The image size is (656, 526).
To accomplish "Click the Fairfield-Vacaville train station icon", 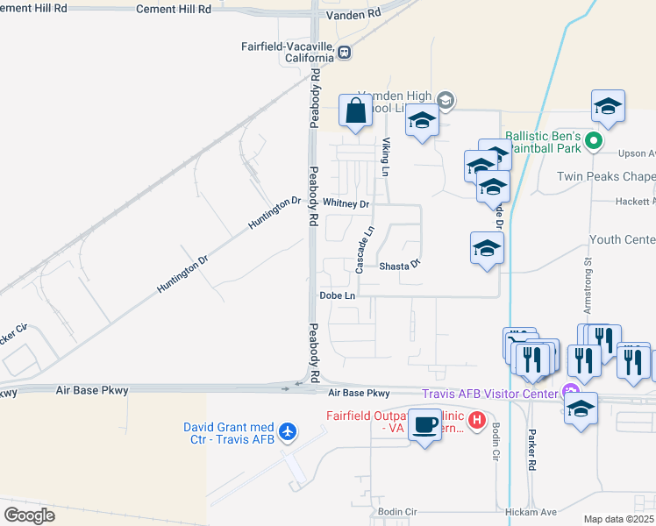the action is [x=346, y=52].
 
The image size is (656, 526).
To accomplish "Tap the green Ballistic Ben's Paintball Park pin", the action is [x=594, y=140].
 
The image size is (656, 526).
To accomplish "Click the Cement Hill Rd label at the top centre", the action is [x=174, y=9].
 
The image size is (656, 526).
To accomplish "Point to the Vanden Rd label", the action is [x=353, y=14].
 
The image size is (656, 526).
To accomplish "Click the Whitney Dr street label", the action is [x=346, y=203].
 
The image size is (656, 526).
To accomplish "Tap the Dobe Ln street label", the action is [x=337, y=296].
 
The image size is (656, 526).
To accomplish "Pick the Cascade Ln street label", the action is [x=366, y=248].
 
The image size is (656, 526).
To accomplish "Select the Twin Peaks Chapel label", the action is [x=606, y=176].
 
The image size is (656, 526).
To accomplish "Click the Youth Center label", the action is [x=622, y=239].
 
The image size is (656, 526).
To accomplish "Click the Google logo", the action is [x=29, y=515].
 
